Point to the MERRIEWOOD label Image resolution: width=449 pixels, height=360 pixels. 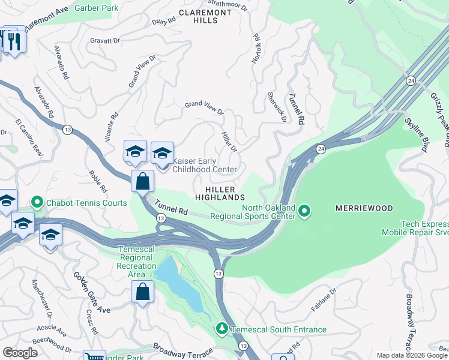[x=364, y=208]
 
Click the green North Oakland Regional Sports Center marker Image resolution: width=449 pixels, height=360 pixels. [x=304, y=210]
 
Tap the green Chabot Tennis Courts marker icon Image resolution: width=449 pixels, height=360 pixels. [x=37, y=203]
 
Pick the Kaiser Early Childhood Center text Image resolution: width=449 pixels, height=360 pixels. [x=204, y=165]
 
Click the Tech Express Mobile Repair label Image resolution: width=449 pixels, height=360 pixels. [x=415, y=227]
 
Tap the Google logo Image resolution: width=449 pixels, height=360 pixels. [x=20, y=353]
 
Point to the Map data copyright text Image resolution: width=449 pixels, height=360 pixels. [x=411, y=355]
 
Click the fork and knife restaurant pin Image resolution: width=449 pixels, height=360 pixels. [x=13, y=41]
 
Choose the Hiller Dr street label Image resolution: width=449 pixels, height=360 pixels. [x=230, y=142]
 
